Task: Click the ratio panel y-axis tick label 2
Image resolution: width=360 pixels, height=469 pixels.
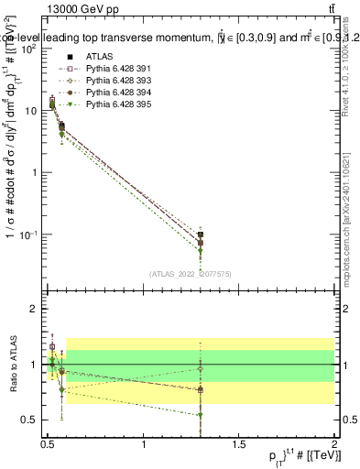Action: tap(34, 309)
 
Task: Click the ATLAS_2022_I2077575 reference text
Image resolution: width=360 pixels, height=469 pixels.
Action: tap(191, 274)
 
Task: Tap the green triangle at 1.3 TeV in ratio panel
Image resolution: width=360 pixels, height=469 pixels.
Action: tap(278, 415)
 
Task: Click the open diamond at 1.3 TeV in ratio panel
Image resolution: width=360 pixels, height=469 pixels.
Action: tap(278, 369)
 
